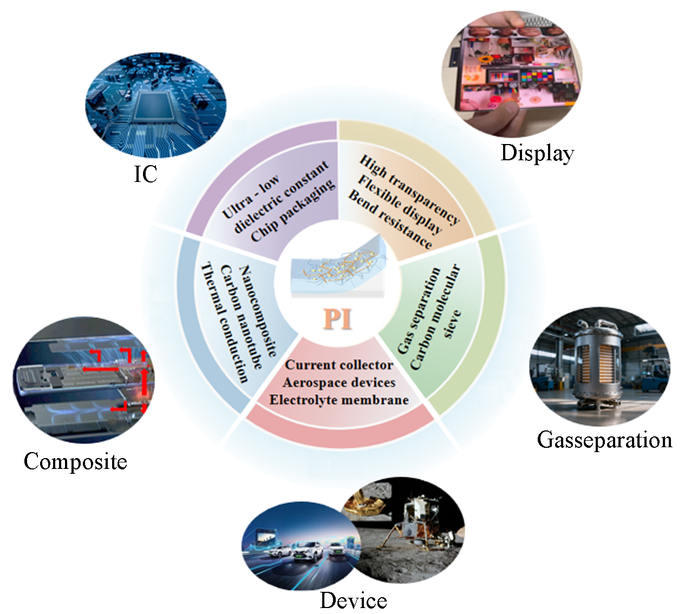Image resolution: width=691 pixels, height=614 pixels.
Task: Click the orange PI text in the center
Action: coord(338,319)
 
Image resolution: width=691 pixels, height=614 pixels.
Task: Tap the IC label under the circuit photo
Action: coord(145,174)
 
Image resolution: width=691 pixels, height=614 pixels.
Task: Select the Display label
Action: coord(537,153)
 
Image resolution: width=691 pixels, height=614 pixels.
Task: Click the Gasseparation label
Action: coord(604,440)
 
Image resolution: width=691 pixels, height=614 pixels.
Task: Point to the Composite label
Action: coord(75,461)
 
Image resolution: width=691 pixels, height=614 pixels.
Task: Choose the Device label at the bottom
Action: coord(353,600)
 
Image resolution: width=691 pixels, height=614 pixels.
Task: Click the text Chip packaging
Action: coord(293,211)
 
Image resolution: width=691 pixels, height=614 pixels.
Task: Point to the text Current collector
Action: coord(339,365)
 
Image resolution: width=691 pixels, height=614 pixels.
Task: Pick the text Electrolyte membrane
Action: coord(339,400)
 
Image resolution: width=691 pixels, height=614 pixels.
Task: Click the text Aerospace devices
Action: coord(339,382)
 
